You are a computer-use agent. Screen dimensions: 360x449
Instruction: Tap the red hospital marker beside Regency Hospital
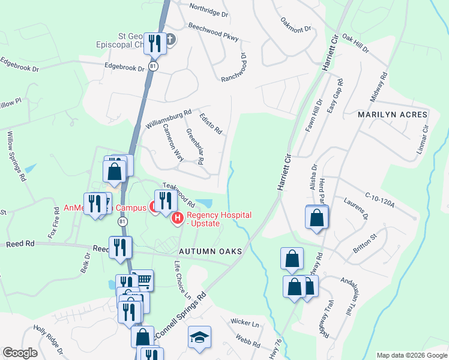pos(178,220)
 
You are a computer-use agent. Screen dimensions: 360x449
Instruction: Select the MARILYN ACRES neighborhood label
pos(393,115)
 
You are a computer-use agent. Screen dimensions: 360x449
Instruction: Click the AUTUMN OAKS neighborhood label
pos(209,251)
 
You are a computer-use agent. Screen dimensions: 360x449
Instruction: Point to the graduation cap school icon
pos(199,338)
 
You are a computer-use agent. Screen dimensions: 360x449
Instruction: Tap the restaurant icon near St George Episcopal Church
pos(155,44)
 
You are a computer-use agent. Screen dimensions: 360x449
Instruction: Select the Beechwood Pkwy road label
pos(213,32)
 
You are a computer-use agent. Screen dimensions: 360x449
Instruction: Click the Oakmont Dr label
pos(295,25)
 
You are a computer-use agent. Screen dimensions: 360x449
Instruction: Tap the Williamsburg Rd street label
pos(168,119)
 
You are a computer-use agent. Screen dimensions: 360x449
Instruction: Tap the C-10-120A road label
pos(379,201)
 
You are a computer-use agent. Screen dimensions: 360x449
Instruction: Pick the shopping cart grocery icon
pos(142,280)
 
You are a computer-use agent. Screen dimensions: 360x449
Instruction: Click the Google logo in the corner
pos(20,353)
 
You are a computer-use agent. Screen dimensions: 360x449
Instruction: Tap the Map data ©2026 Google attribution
pos(411,355)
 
